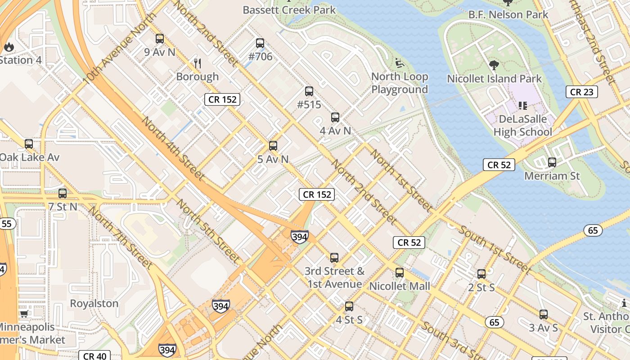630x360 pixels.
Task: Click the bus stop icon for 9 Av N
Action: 160,39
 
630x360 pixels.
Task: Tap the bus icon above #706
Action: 260,44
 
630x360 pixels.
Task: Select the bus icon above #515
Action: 309,91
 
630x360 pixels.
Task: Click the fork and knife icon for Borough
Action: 197,63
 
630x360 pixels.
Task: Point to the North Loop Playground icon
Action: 399,63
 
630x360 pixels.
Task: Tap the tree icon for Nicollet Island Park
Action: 494,65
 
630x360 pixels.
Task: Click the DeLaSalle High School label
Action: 522,126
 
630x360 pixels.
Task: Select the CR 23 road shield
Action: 582,92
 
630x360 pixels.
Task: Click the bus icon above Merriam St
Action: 552,162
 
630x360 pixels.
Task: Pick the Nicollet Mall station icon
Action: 400,273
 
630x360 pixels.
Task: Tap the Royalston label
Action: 94,303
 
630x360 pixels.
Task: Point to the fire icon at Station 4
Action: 9,46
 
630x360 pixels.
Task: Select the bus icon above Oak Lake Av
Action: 29,144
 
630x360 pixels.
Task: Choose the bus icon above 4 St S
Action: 349,306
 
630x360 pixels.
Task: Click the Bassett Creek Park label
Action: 289,9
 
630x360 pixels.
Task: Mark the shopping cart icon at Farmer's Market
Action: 24,314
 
